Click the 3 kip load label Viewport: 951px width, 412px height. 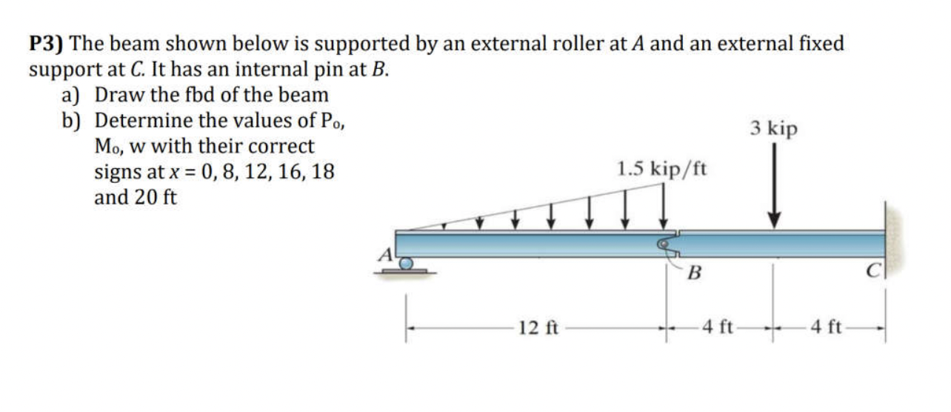tap(774, 128)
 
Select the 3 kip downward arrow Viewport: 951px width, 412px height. tap(774, 185)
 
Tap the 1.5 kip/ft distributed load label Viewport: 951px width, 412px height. tap(661, 169)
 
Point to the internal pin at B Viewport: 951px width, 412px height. tap(667, 243)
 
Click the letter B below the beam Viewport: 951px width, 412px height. tap(693, 273)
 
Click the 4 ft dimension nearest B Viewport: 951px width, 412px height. tap(718, 327)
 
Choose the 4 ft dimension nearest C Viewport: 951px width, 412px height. tap(827, 327)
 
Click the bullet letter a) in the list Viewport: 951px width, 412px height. tap(73, 96)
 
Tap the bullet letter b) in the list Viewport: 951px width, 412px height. tap(73, 121)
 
